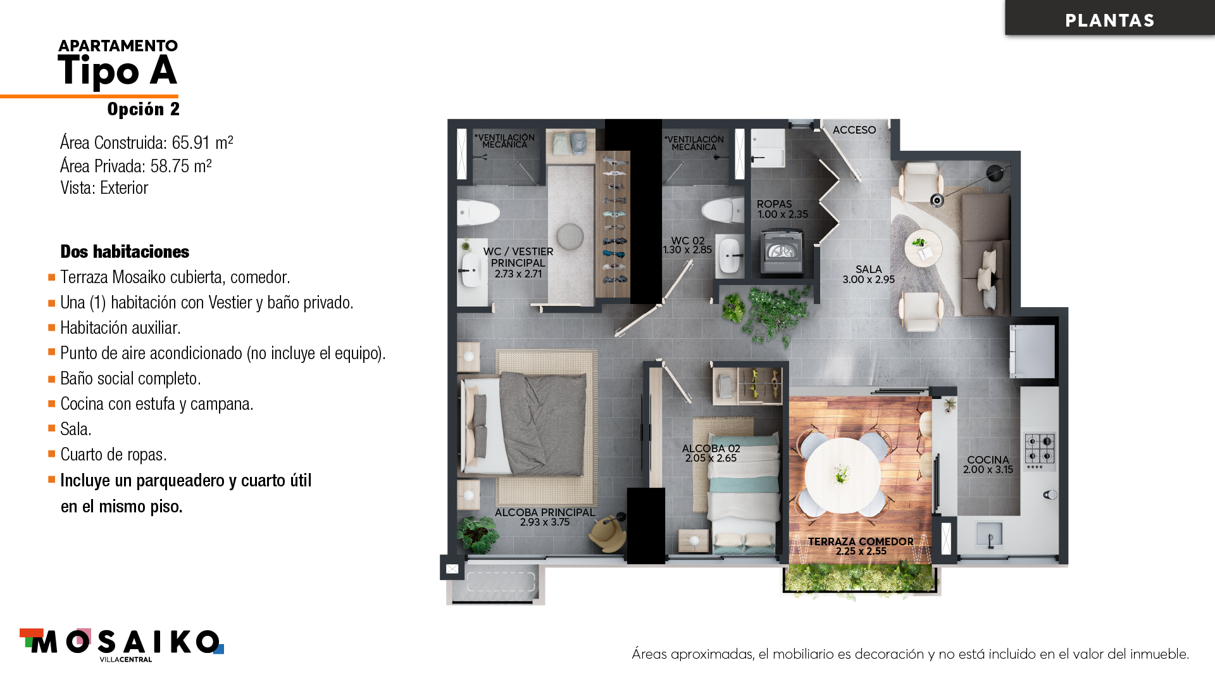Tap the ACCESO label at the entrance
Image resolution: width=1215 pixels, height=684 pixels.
click(x=854, y=130)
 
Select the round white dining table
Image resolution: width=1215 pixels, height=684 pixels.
click(x=842, y=474)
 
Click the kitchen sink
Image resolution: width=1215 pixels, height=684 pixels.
click(x=989, y=535)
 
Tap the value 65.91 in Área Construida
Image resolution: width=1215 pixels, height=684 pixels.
click(x=190, y=142)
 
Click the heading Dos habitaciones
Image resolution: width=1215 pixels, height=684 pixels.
click(x=125, y=251)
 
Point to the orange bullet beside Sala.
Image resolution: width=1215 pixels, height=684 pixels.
click(x=52, y=429)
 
